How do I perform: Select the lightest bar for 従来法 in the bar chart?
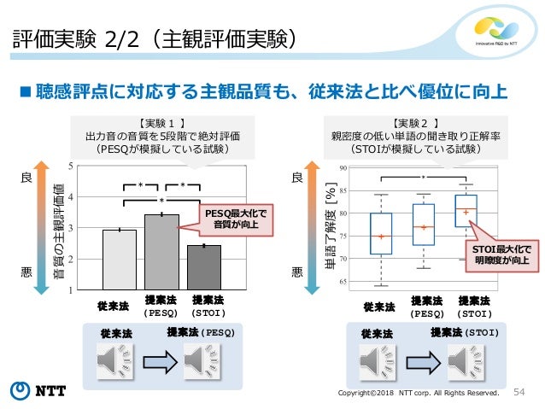[x=119, y=260]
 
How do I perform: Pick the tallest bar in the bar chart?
[x=161, y=252]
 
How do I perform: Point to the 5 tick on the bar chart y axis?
[x=82, y=167]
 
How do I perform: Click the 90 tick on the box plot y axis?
[x=343, y=169]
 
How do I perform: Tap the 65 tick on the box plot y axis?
[x=343, y=281]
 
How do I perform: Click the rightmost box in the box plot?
[x=466, y=210]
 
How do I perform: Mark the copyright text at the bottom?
[x=419, y=393]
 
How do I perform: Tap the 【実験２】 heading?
[x=417, y=122]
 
